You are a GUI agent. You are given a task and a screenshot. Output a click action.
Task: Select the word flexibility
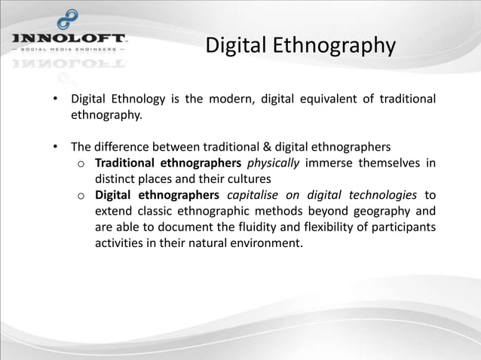click(359, 227)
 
